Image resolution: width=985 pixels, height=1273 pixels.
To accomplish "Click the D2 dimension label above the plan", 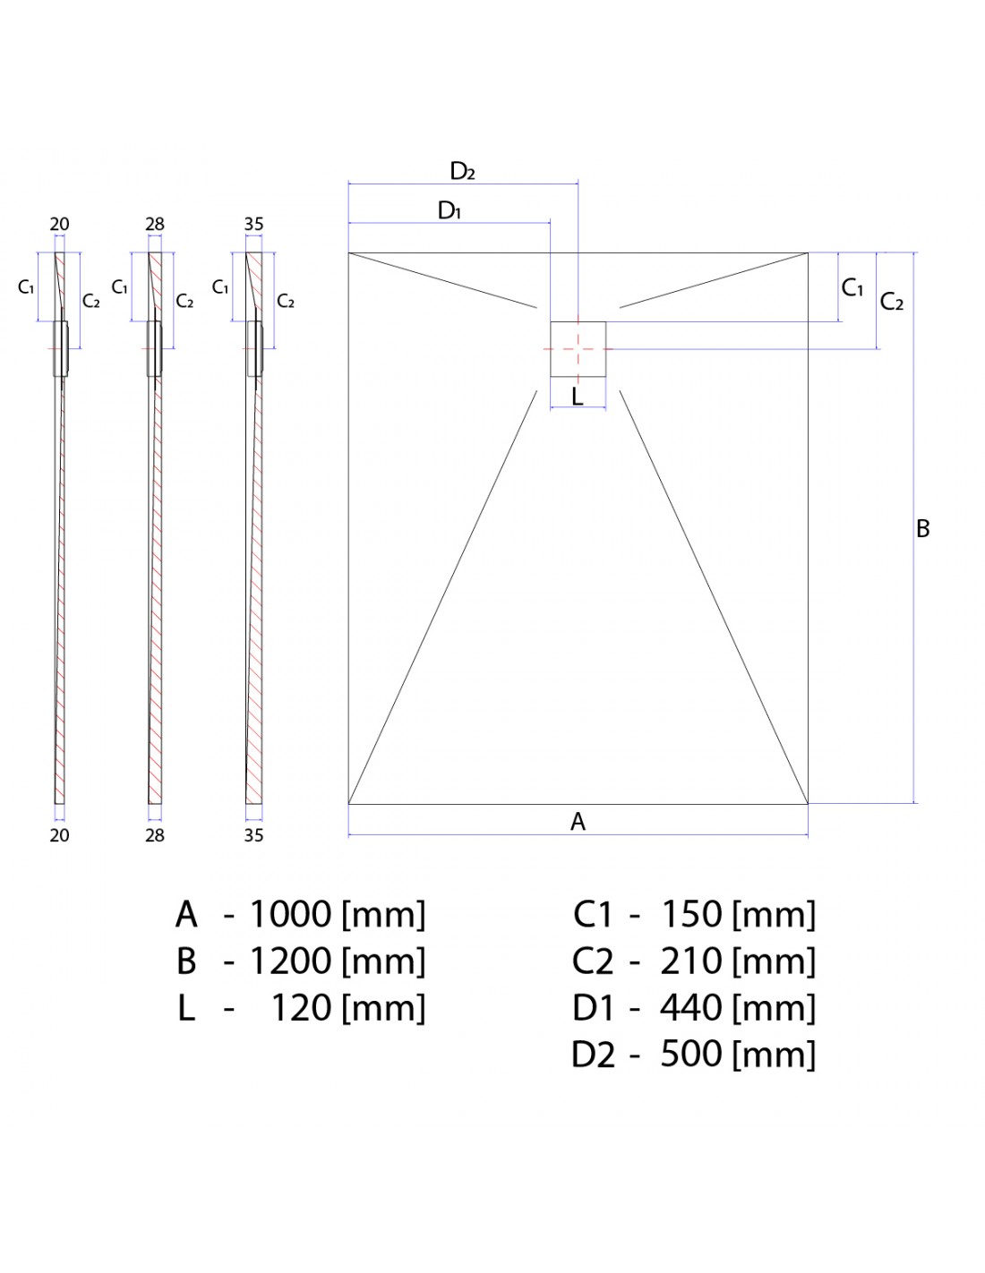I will pos(462,171).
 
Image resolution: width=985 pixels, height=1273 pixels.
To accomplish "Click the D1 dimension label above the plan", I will pos(450,211).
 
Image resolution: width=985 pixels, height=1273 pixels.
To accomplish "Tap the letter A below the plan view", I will pos(578,821).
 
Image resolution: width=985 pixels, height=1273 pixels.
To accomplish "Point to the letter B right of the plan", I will pos(923,529).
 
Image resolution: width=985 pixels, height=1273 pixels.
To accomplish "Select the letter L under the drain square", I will pos(578,396).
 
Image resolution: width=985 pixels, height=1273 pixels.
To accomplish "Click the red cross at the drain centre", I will pos(578,348).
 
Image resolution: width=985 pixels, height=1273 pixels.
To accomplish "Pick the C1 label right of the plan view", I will pos(852,288).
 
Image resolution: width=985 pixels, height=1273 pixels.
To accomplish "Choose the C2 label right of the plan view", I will pos(892,302).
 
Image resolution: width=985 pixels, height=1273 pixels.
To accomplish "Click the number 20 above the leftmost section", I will pos(59,225).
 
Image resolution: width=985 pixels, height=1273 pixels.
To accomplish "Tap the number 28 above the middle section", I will pos(155,225).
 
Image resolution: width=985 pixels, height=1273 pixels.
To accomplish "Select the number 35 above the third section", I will pos(253,225).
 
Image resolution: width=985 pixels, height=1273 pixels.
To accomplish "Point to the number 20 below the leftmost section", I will pos(59,835).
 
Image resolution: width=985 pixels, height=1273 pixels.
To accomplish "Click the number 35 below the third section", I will pos(253,835).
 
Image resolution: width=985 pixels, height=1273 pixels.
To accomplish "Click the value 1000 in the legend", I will pos(290,914).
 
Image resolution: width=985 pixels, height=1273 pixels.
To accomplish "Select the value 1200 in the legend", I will pos(290,961).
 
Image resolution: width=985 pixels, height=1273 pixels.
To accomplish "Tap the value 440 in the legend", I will pos(690,1008).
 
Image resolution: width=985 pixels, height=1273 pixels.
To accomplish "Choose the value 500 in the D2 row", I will pos(690,1055).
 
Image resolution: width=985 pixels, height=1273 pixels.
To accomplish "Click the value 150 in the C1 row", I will pos(690,914).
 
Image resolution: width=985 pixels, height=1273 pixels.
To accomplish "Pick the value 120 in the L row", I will pos(301,1008).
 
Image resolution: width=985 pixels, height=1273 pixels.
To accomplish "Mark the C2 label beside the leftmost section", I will pos(91,301).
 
